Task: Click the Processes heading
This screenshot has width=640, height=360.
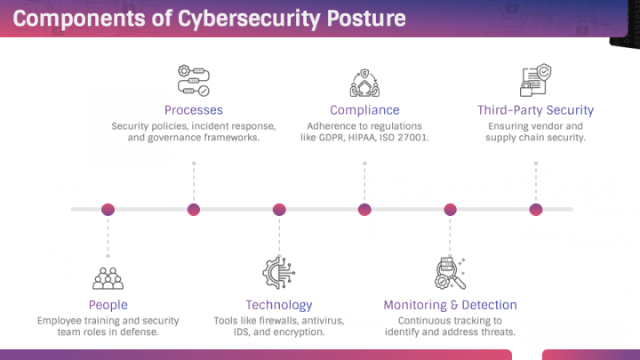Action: tap(194, 110)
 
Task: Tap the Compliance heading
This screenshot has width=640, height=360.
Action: tap(364, 110)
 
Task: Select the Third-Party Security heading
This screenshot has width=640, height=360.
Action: tap(535, 110)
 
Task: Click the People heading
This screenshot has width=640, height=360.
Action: tap(108, 305)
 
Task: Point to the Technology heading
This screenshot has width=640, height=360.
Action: tap(279, 305)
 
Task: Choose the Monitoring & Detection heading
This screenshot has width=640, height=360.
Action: tap(450, 305)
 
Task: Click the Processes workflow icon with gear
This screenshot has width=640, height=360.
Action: tap(194, 81)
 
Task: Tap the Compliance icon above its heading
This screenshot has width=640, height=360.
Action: tap(364, 83)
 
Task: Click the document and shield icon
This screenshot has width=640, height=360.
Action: tap(535, 80)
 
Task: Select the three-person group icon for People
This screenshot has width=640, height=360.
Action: tap(108, 278)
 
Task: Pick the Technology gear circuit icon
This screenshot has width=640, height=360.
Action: tap(279, 273)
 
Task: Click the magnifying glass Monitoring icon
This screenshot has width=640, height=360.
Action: tap(450, 273)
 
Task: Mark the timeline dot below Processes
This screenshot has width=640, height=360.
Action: tap(194, 210)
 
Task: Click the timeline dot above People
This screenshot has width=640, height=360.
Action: tap(108, 210)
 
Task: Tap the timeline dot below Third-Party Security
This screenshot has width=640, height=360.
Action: tap(536, 210)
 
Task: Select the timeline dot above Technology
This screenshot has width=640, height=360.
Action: tap(279, 210)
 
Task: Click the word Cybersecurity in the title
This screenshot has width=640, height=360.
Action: tap(249, 19)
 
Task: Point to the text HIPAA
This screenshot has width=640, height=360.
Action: tap(361, 138)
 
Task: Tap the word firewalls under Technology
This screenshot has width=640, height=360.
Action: tap(278, 321)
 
